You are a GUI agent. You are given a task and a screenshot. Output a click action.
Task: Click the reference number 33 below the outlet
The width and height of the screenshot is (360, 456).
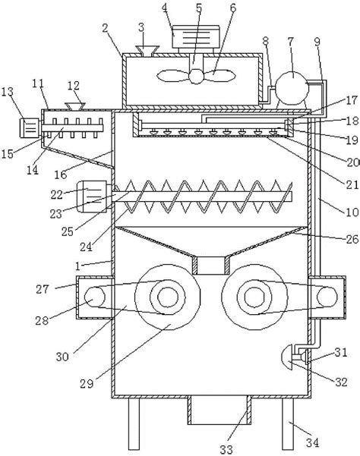pos(226,449)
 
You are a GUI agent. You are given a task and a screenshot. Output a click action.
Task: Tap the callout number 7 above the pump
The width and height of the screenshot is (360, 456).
pos(290,42)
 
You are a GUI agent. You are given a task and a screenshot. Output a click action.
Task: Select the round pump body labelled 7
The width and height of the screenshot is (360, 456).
pos(292,88)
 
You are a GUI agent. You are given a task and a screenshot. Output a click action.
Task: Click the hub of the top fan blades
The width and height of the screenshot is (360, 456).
pos(196,77)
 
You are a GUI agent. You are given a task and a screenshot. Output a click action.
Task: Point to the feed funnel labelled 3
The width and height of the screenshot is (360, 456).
pos(147,50)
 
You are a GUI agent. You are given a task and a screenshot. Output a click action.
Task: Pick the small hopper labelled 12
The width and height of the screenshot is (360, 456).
pos(74,106)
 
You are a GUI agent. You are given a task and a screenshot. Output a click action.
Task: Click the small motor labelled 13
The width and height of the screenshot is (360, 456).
pos(29,128)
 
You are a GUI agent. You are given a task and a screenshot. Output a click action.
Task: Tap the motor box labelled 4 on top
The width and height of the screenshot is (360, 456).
pos(196,37)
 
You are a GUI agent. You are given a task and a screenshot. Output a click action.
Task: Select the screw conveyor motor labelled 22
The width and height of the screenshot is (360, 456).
pos(92,197)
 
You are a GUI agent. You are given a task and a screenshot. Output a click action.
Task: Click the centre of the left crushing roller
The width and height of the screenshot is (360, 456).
pos(168,297)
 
